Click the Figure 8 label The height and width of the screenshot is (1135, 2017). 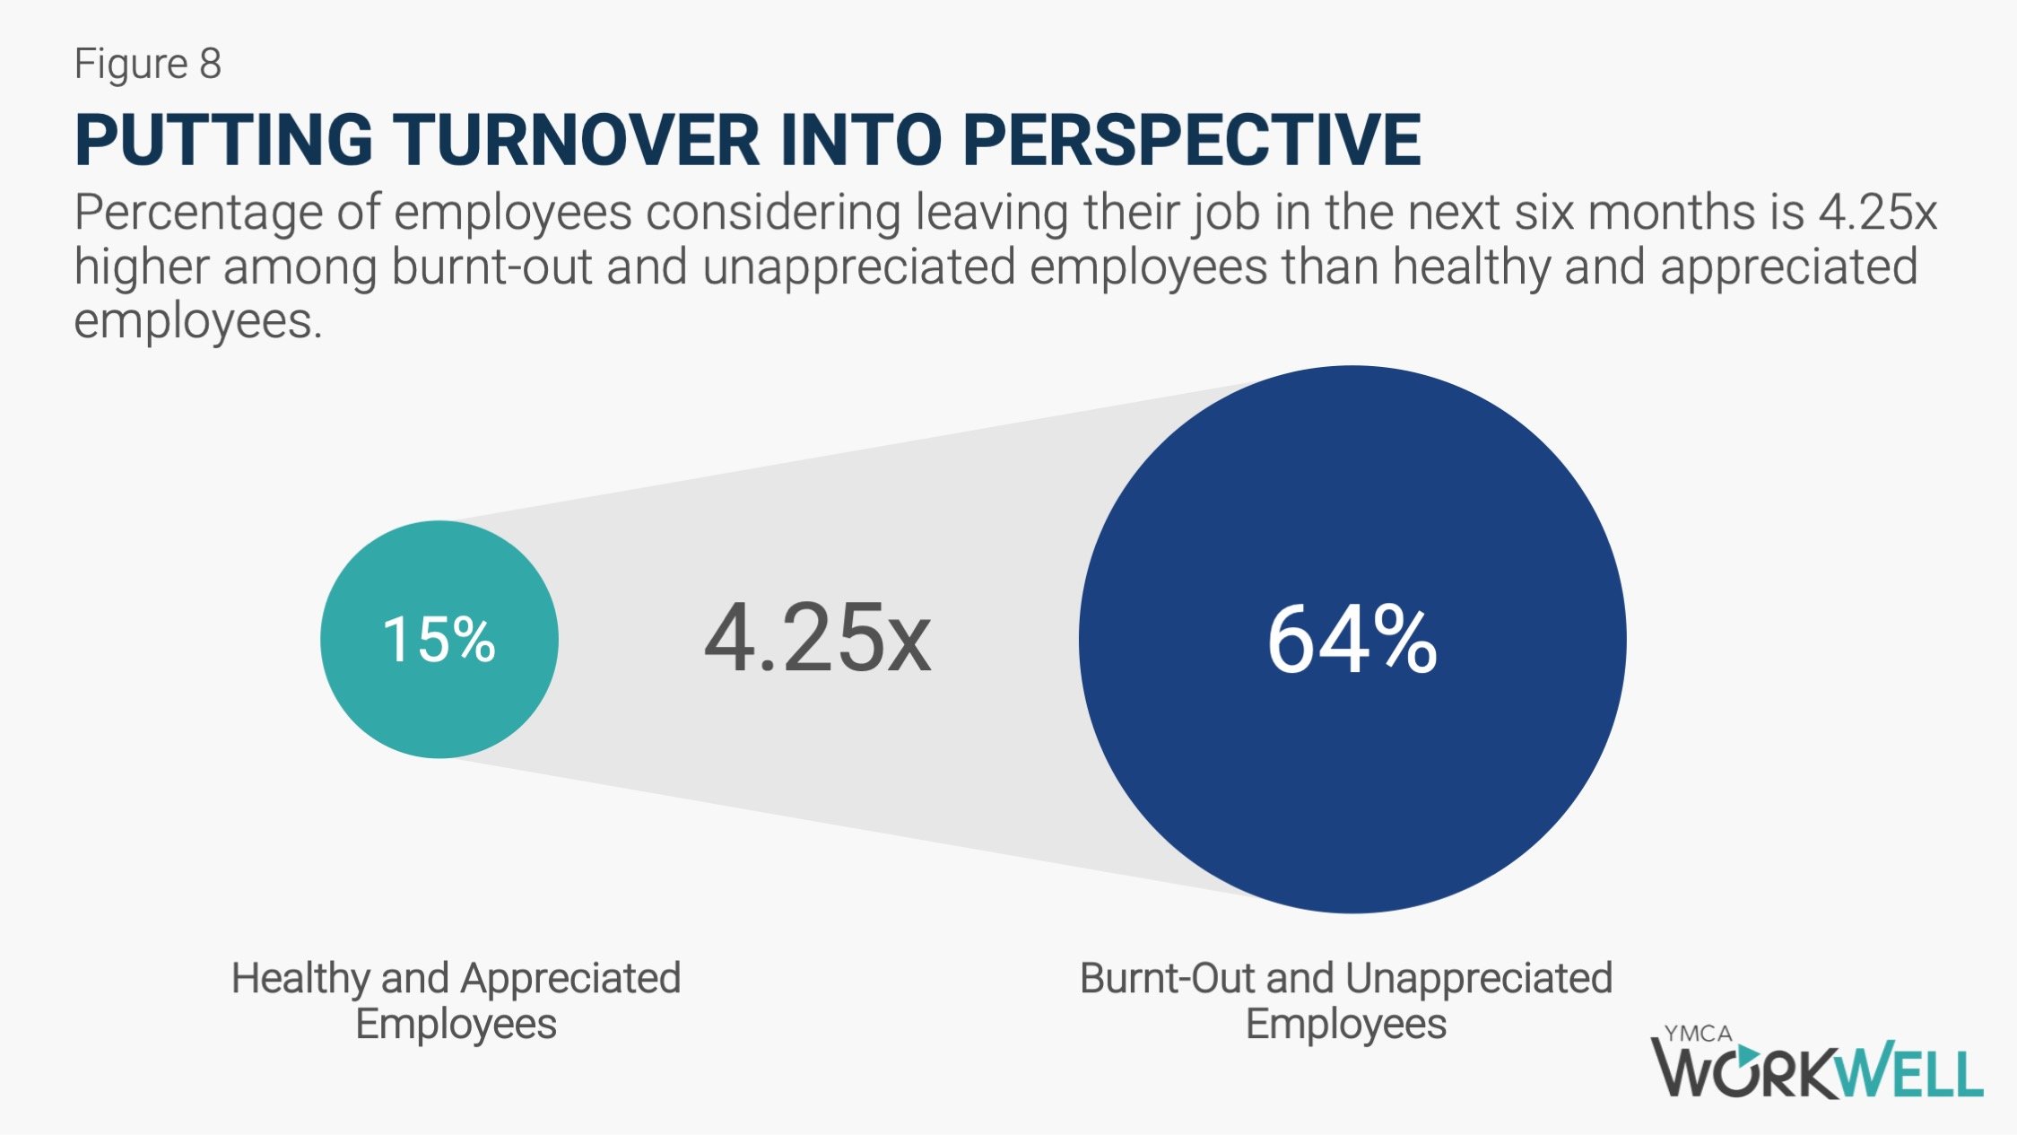click(x=148, y=64)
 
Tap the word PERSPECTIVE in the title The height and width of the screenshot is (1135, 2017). click(x=1193, y=140)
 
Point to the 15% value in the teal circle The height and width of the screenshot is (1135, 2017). click(x=439, y=640)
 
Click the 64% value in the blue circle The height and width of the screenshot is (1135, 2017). click(x=1352, y=639)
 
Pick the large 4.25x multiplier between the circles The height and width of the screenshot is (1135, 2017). click(x=818, y=638)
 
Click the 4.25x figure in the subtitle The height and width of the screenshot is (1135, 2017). click(x=1878, y=213)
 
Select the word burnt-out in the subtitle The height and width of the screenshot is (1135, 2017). click(x=491, y=267)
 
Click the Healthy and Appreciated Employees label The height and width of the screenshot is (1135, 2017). click(x=456, y=1000)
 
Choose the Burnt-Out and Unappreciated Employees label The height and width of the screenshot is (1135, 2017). click(x=1346, y=1000)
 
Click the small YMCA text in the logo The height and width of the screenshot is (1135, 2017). click(x=1698, y=1034)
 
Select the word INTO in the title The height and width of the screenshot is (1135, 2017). click(x=862, y=140)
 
